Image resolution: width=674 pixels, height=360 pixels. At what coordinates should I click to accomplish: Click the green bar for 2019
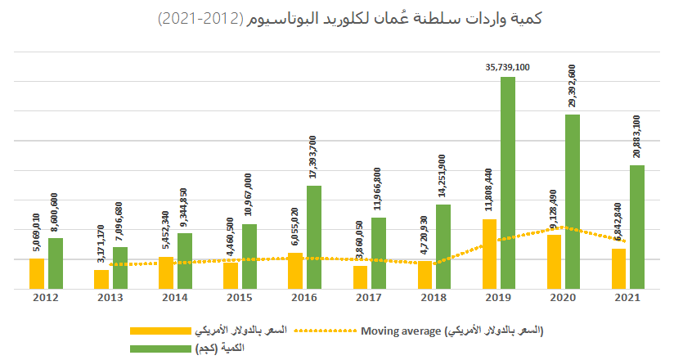(508, 182)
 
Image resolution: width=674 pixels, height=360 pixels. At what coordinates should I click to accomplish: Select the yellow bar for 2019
(489, 254)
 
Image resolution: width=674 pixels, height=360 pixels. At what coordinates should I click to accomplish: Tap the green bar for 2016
(314, 237)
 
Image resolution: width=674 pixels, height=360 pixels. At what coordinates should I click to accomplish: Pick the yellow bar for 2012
(37, 273)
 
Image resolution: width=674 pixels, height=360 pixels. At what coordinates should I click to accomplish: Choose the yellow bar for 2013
(101, 279)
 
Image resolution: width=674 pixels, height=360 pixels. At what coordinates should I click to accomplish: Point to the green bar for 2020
(573, 201)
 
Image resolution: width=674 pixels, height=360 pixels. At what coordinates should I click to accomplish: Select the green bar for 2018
(443, 246)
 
